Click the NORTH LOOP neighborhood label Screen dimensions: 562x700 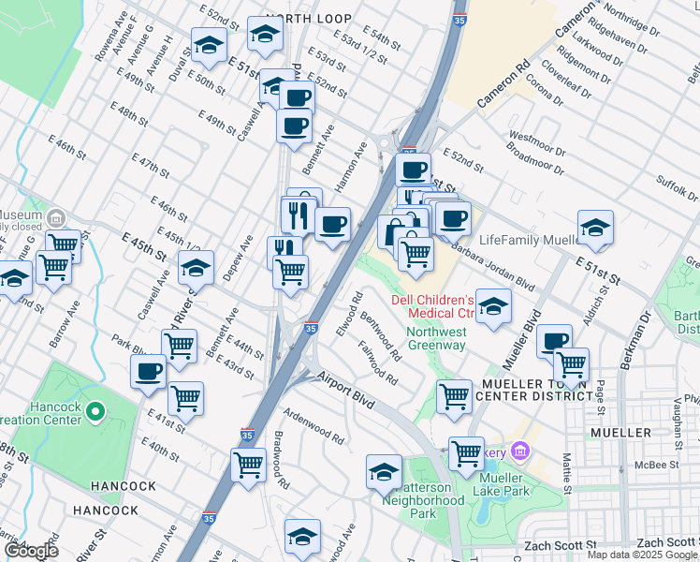308,19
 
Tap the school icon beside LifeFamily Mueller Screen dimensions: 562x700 594,228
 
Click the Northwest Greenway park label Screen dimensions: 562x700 435,338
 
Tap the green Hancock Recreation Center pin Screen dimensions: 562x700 95,410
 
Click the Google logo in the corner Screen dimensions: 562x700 31,551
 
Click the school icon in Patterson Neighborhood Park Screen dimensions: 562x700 384,472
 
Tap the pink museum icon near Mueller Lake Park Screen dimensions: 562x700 521,452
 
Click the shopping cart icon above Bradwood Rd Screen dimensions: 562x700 249,463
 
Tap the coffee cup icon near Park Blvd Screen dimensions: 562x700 149,371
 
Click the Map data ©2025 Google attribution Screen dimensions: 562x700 642,555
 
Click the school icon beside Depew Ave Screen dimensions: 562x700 196,267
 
